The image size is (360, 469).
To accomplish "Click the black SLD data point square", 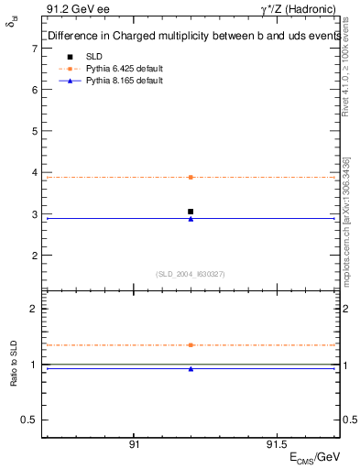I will pyautogui.click(x=191, y=212).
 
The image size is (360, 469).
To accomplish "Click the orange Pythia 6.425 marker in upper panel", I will pyautogui.click(x=191, y=177).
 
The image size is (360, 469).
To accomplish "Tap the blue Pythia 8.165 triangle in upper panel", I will pyautogui.click(x=191, y=219).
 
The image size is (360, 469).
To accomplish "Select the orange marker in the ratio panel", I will pyautogui.click(x=191, y=345).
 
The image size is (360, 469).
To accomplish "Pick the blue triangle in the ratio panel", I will pyautogui.click(x=191, y=369).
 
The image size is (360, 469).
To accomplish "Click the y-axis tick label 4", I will pyautogui.click(x=35, y=173).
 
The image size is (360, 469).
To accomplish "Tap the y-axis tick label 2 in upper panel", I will pyautogui.click(x=35, y=256).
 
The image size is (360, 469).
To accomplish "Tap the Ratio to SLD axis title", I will pyautogui.click(x=14, y=365).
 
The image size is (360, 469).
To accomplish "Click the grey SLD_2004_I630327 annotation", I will pyautogui.click(x=191, y=274).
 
